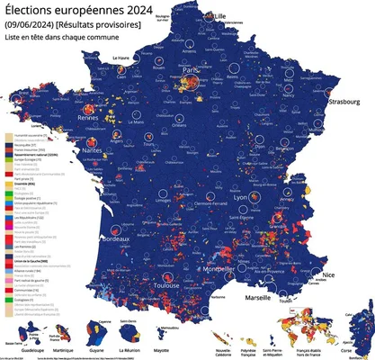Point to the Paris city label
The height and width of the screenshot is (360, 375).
pyautogui.click(x=190, y=69)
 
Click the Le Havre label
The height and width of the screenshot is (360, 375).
pyautogui.click(x=122, y=58)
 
